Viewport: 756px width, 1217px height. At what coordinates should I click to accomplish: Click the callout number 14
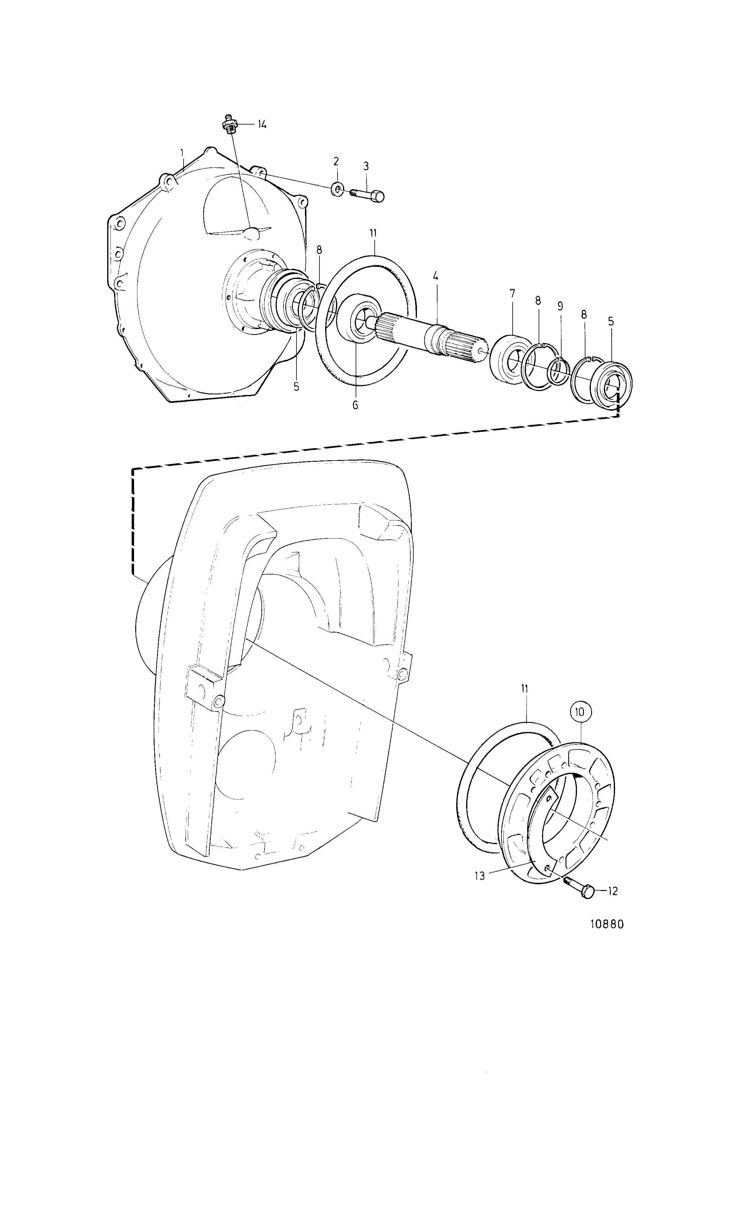tap(262, 125)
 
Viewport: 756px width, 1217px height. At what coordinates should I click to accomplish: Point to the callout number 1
tap(182, 152)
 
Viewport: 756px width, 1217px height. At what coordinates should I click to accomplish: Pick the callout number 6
tap(355, 405)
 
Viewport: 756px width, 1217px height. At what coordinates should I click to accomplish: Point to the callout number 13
tap(480, 876)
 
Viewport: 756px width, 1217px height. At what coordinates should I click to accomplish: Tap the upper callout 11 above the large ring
tap(374, 233)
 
